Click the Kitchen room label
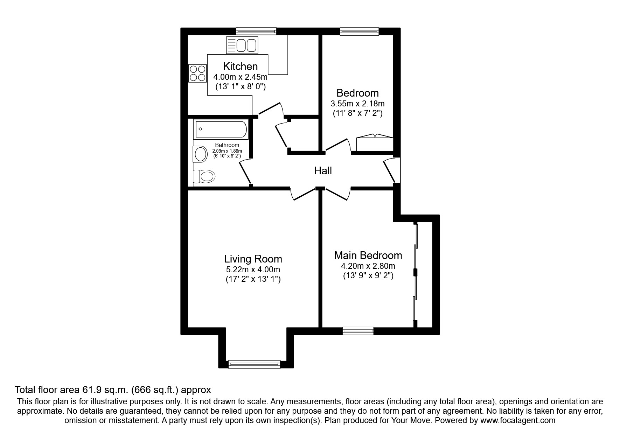pos(240,66)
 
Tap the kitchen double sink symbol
pos(242,45)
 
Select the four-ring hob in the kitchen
pos(197,73)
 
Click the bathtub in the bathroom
pos(221,129)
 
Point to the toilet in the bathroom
pos(204,176)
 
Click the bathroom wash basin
pos(200,154)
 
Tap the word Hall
pos(322,171)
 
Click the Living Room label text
pos(253,259)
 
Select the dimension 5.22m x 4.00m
pos(253,269)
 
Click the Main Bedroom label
pos(368,255)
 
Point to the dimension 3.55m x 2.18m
pos(357,104)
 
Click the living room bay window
pos(254,364)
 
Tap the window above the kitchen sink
pos(256,31)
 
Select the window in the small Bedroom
pos(360,31)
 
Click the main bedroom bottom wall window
pos(358,330)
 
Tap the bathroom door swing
pos(245,171)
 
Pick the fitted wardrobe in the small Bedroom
pos(374,143)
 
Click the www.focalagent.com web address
pos(517,420)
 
